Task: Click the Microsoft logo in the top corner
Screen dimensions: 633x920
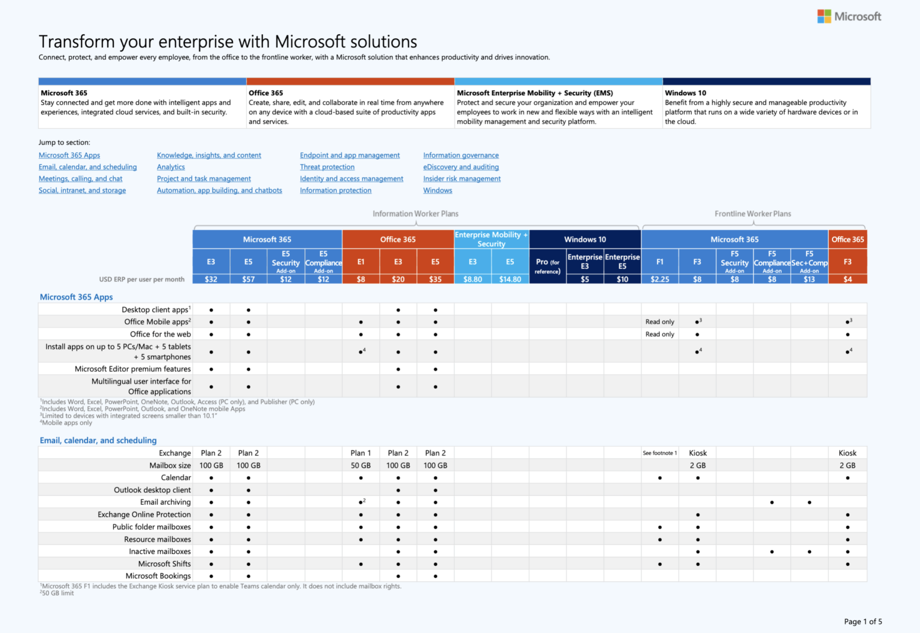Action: click(x=849, y=17)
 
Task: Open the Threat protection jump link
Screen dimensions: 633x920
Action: click(x=327, y=167)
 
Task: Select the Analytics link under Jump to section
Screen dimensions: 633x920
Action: click(x=171, y=167)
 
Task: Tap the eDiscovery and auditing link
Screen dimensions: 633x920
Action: click(x=461, y=167)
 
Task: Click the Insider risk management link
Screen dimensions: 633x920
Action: click(x=462, y=178)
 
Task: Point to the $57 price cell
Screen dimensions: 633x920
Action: click(x=248, y=279)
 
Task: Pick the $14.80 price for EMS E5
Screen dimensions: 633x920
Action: click(x=510, y=279)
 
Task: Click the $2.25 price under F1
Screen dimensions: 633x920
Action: click(x=659, y=279)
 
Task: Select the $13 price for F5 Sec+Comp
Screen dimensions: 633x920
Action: click(x=809, y=279)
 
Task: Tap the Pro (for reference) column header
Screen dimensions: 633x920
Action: click(x=547, y=266)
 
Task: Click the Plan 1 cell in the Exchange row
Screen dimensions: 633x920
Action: click(x=361, y=453)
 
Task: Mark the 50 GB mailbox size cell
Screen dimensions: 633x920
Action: click(x=361, y=465)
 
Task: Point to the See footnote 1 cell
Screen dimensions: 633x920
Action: click(x=659, y=453)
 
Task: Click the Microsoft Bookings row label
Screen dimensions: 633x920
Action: click(x=158, y=576)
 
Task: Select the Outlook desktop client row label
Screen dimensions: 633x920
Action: click(x=152, y=490)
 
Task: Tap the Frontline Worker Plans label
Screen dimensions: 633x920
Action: click(x=752, y=214)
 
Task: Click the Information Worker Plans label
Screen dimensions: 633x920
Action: click(x=415, y=214)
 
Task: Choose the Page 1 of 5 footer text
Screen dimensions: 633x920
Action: click(x=862, y=622)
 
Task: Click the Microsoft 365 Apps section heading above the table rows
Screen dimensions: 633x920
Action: click(x=76, y=297)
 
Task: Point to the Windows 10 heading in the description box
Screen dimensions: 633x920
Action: click(x=685, y=93)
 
